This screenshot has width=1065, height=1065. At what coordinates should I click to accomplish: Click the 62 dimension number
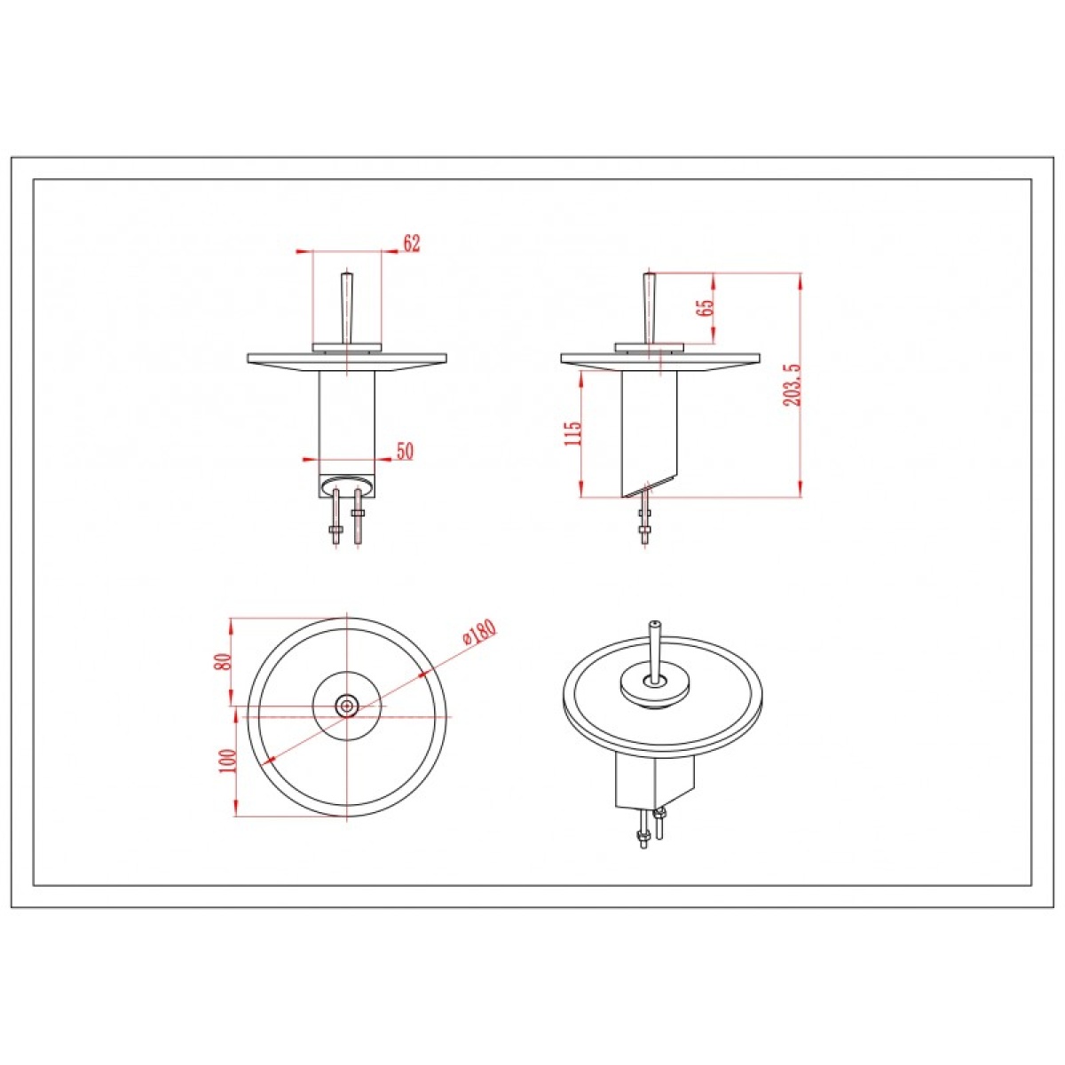(x=413, y=243)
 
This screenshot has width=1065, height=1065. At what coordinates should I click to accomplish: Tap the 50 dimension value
(x=405, y=452)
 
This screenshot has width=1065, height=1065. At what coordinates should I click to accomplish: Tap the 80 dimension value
(x=223, y=663)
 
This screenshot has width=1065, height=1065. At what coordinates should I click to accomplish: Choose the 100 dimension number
(x=228, y=761)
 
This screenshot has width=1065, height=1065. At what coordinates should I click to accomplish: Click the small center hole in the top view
(x=347, y=705)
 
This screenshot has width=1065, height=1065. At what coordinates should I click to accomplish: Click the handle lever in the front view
(x=346, y=307)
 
